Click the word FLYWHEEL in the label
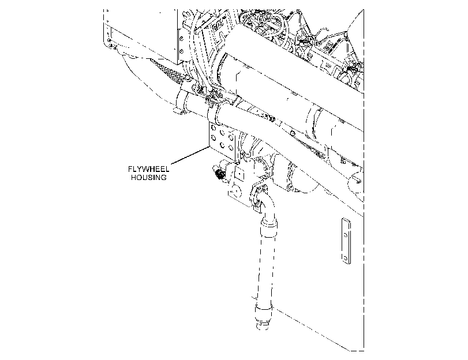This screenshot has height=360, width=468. (x=149, y=169)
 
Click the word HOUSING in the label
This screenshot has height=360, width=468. (x=149, y=177)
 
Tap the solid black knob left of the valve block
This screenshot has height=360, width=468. (x=219, y=174)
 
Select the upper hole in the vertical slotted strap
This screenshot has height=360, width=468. (x=346, y=235)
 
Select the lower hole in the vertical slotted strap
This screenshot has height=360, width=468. (x=346, y=258)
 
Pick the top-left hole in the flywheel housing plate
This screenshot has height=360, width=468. (x=214, y=128)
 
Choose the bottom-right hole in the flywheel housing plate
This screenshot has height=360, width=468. (x=231, y=147)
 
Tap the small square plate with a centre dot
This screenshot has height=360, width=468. (x=239, y=172)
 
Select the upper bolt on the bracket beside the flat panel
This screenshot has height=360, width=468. (x=181, y=39)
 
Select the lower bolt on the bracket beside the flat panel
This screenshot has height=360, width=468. (x=181, y=50)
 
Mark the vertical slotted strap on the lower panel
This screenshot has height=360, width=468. (x=346, y=241)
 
